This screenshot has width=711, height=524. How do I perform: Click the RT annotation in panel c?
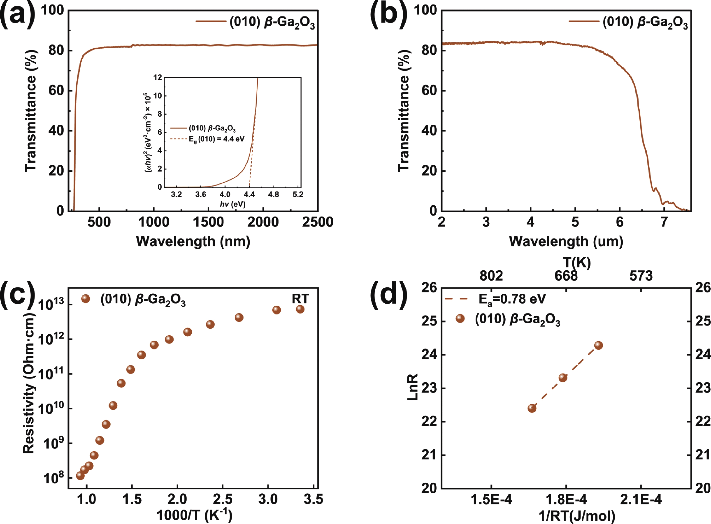click(300, 299)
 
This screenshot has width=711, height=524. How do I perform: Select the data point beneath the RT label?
click(300, 309)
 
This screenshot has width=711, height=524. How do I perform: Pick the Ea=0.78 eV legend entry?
click(512, 299)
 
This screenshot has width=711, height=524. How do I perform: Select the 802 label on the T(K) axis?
click(491, 276)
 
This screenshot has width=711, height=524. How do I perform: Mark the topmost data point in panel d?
click(598, 345)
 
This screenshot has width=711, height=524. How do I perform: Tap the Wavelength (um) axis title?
click(566, 242)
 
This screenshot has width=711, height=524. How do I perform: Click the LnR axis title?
click(413, 387)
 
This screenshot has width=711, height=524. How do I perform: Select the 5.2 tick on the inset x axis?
click(298, 194)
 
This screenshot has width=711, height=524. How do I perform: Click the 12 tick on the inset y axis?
click(158, 77)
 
